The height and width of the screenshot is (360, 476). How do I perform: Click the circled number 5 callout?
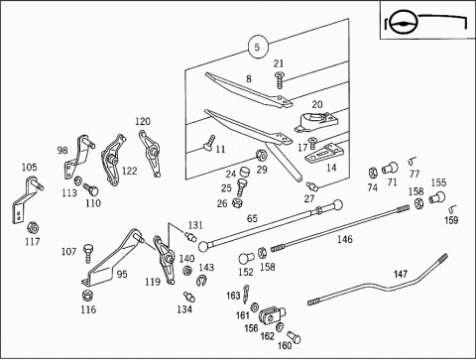point(258,47)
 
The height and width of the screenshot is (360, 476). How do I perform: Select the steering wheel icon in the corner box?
point(403,24)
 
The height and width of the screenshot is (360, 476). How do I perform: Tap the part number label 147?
point(400,274)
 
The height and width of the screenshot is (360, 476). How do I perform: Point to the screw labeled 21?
point(280,79)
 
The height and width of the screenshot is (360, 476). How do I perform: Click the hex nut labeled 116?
point(87,295)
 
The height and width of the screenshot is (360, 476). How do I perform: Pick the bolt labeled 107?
point(88,253)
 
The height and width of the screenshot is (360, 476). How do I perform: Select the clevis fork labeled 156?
point(272,314)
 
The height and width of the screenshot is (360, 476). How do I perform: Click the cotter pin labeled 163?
point(246,294)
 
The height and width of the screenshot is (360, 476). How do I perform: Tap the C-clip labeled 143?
point(200,281)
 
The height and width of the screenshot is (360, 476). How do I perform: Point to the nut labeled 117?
point(33,227)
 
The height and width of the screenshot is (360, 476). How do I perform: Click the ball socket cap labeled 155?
point(437,197)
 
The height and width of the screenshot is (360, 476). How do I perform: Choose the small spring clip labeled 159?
point(452,209)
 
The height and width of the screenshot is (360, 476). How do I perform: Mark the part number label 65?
point(252,218)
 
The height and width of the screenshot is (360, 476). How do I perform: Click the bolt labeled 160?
point(294,337)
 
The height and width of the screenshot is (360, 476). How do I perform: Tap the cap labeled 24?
point(244,172)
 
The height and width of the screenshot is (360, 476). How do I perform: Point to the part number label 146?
point(345,239)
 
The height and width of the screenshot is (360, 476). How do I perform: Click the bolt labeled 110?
point(90,189)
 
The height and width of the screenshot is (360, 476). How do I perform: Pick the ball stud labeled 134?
point(189,296)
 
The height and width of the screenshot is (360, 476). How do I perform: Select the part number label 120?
point(143,121)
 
